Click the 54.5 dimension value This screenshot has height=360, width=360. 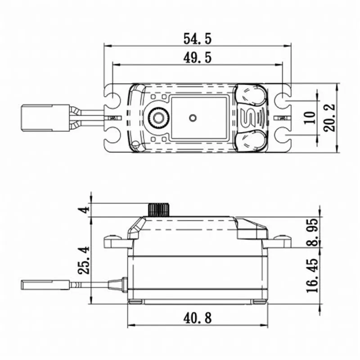[197, 39]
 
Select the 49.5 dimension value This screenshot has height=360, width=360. [197, 58]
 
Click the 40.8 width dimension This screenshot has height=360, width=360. [197, 318]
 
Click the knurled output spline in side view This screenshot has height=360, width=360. [158, 210]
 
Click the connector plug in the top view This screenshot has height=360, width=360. [45, 118]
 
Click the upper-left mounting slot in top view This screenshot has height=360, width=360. [112, 99]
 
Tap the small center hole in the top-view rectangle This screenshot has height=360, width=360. [193, 118]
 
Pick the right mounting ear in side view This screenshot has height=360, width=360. [278, 242]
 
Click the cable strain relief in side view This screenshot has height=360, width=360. [117, 283]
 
